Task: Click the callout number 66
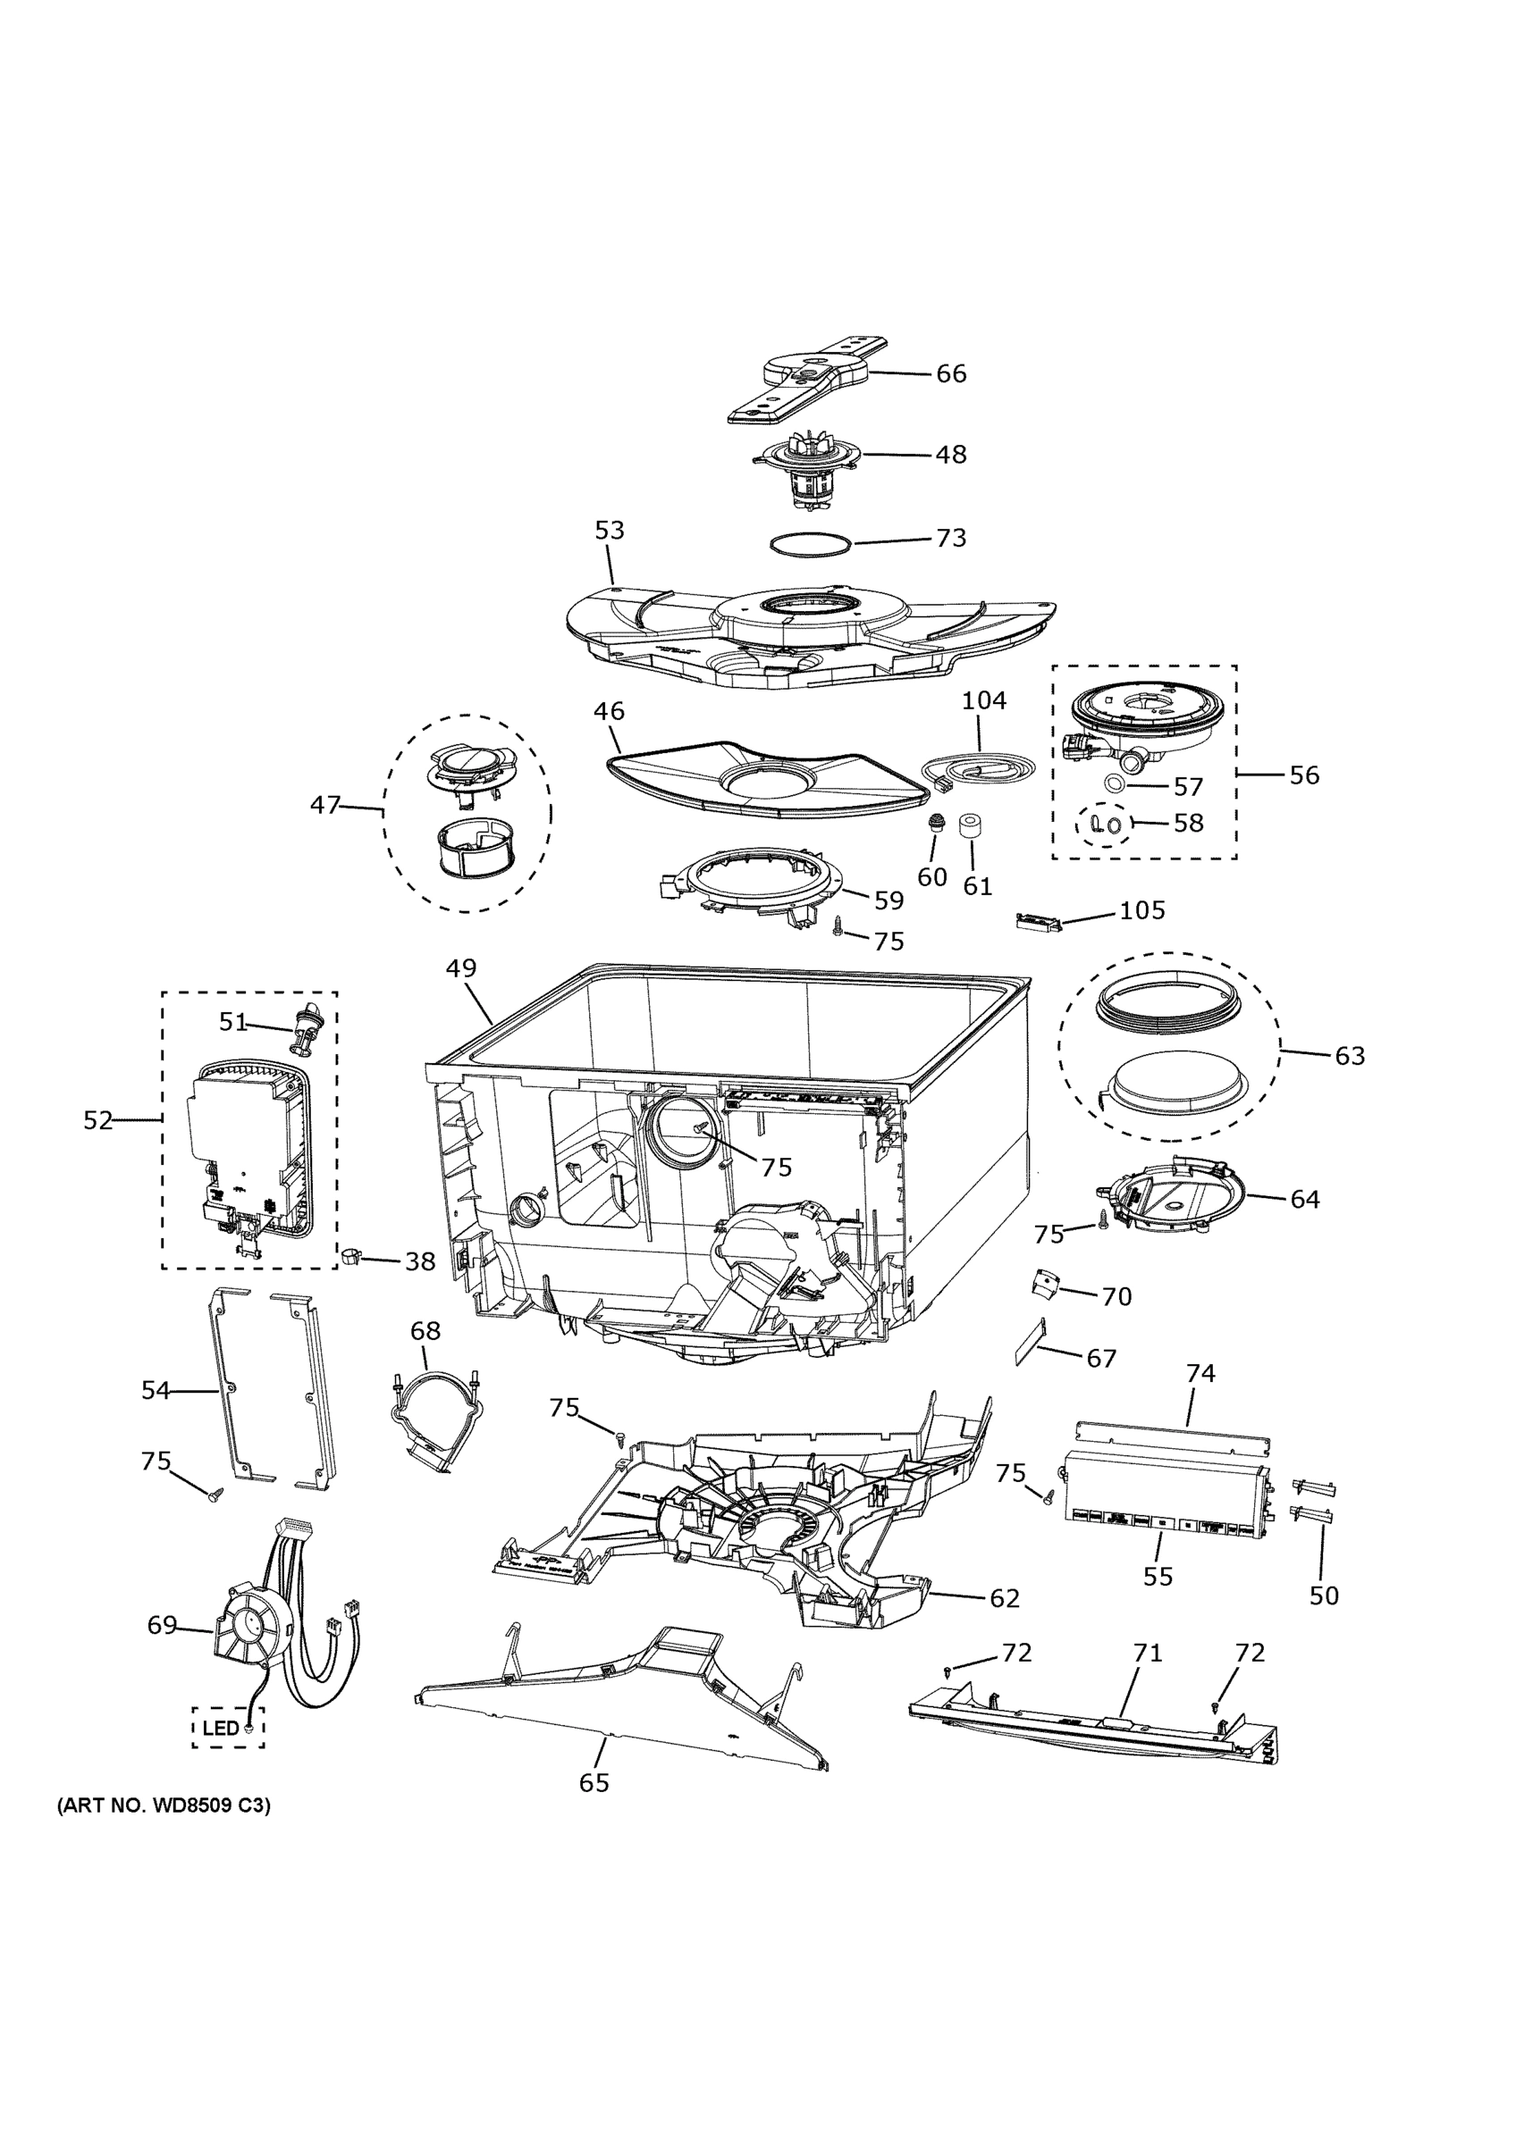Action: click(951, 373)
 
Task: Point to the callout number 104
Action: click(983, 700)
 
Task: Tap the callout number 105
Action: click(1141, 910)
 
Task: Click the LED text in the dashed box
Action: click(222, 1729)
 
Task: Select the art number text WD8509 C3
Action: click(164, 1806)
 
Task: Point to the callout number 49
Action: click(461, 968)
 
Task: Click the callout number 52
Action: click(98, 1120)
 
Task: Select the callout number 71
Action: click(1147, 1654)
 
